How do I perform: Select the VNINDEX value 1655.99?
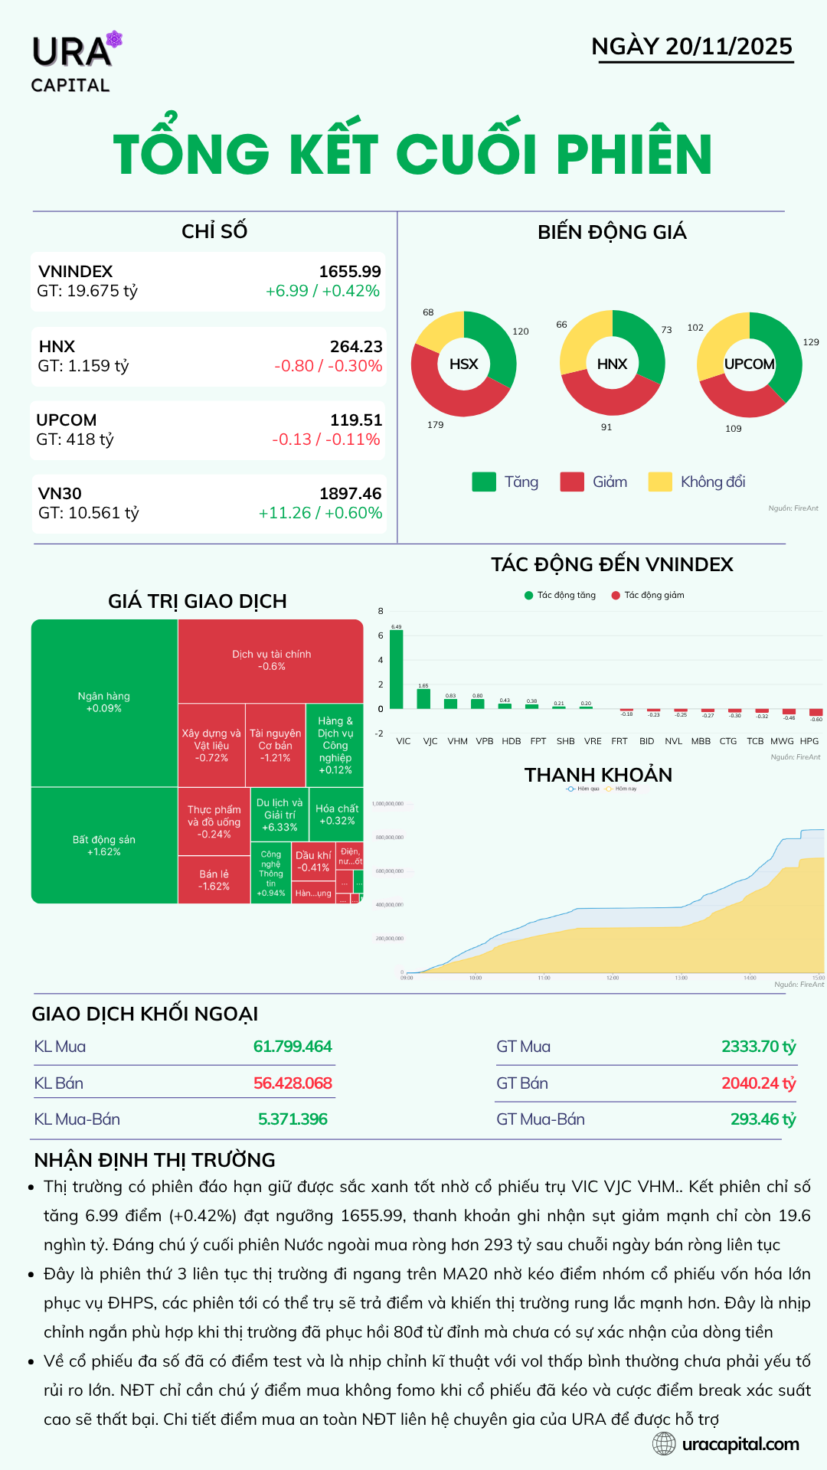click(x=350, y=272)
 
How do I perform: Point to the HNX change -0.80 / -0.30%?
click(x=329, y=366)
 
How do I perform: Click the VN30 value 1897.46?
click(x=351, y=494)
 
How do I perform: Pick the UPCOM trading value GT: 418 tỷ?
click(x=75, y=439)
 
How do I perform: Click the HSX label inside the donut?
click(x=463, y=364)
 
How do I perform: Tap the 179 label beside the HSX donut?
click(x=436, y=425)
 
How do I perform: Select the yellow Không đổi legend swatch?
click(x=660, y=482)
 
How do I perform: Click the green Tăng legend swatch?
click(x=484, y=482)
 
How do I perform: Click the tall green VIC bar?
click(x=396, y=669)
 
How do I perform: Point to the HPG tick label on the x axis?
click(x=809, y=741)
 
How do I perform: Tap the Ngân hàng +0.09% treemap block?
click(x=104, y=702)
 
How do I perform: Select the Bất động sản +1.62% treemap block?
click(x=104, y=845)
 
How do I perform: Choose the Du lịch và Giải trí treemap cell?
click(x=279, y=815)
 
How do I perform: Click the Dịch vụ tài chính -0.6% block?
click(x=271, y=661)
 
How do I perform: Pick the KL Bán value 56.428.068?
click(x=293, y=1083)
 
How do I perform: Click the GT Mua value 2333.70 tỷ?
click(x=758, y=1047)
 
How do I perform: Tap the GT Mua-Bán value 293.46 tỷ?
click(x=763, y=1119)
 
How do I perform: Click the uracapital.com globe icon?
click(x=664, y=1444)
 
